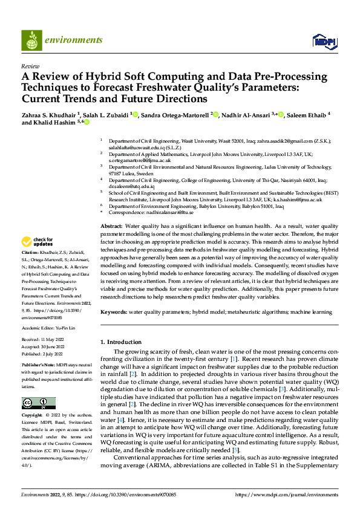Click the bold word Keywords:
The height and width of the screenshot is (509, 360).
113,312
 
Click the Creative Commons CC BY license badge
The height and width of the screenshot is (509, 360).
38,403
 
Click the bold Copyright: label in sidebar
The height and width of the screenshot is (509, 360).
32,416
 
